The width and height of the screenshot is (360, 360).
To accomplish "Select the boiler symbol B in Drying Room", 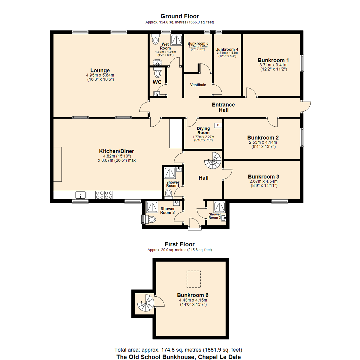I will [218, 125].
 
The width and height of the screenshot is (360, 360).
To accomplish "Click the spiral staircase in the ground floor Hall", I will [213, 161].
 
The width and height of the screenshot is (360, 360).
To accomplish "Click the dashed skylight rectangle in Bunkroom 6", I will [194, 279].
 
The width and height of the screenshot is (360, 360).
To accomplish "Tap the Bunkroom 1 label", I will [273, 60].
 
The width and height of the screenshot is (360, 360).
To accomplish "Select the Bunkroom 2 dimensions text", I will [263, 144].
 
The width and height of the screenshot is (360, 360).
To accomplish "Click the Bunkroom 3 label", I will [263, 176].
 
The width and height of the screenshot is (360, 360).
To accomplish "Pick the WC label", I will [157, 82].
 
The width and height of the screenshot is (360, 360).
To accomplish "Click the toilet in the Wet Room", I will [155, 40].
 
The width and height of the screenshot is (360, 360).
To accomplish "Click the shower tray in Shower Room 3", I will [220, 208].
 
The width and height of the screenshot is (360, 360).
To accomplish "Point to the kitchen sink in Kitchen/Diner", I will [80, 195].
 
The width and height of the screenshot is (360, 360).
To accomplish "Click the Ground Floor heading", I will [180, 16].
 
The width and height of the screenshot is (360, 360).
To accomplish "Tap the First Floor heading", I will [180, 244].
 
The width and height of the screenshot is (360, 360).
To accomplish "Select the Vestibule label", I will [198, 85].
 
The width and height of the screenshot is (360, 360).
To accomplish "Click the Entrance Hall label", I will [223, 107].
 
